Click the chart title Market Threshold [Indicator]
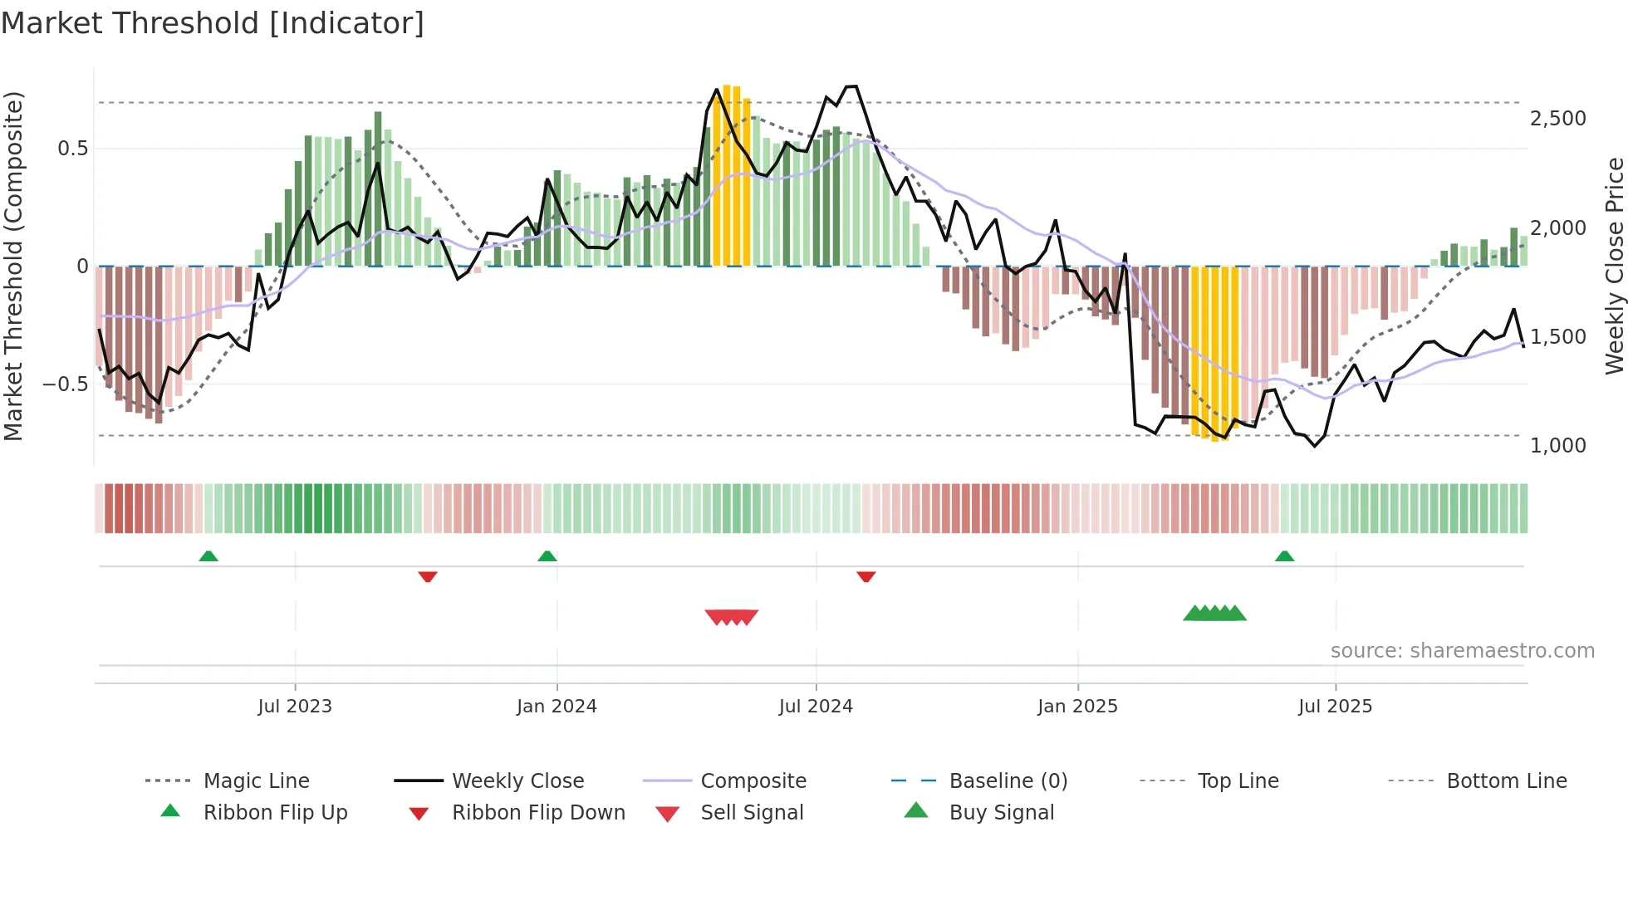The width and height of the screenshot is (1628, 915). point(213,23)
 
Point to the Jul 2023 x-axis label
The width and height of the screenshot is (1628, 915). point(295,707)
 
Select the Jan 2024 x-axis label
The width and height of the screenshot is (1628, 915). point(557,707)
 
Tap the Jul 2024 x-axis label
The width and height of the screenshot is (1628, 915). point(816,707)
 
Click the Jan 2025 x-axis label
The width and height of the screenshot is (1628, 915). point(1077,707)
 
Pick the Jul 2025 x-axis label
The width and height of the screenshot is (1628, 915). point(1335,707)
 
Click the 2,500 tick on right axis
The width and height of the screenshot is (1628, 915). point(1557,119)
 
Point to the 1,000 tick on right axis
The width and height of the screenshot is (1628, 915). point(1557,446)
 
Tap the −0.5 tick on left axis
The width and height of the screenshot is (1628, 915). point(65,384)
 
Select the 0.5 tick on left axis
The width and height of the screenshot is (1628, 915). point(72,149)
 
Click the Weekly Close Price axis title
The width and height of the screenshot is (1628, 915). point(1614,266)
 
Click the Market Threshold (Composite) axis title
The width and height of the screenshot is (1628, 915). point(13,266)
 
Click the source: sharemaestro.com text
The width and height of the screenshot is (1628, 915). point(1462,651)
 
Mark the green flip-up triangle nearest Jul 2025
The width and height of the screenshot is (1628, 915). point(1284,556)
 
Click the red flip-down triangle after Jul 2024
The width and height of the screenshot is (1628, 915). point(865,576)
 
